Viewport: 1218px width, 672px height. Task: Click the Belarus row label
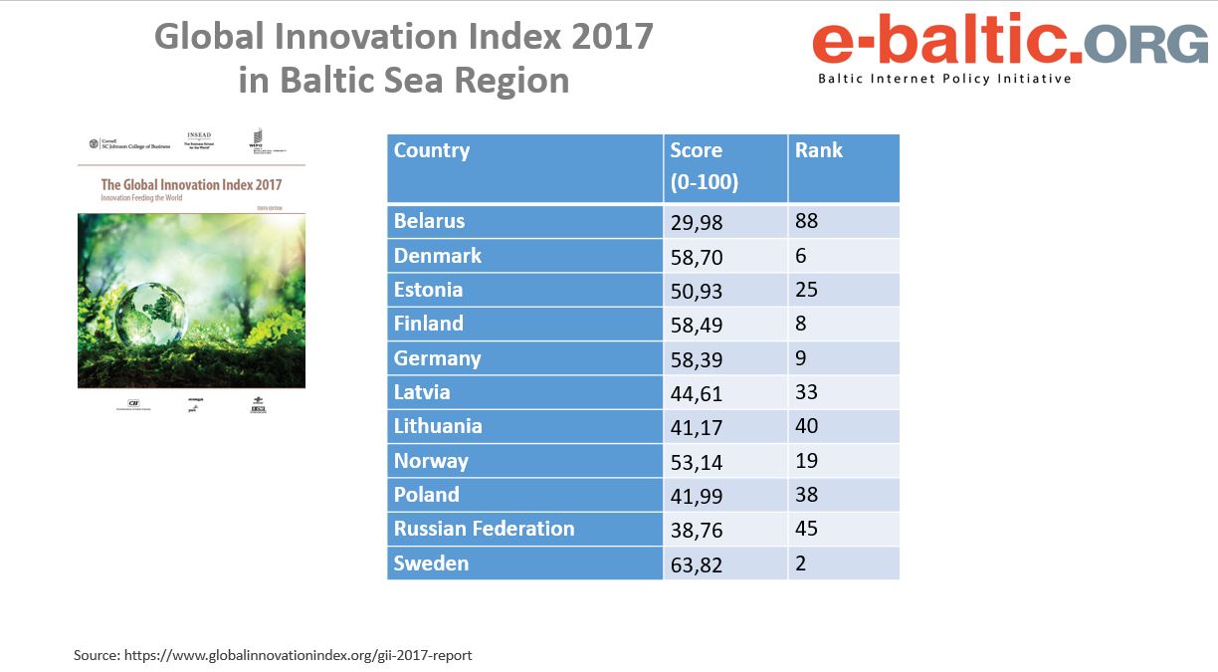(x=430, y=221)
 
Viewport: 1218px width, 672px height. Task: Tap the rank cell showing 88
(x=807, y=221)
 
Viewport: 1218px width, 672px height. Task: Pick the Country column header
(x=432, y=150)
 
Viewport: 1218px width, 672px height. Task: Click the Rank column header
(x=819, y=150)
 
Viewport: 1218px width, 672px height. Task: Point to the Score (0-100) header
(x=705, y=166)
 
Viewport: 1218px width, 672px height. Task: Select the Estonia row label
(x=429, y=290)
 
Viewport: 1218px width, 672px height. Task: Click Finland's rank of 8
(x=801, y=324)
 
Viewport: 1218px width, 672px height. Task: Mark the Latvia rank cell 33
(x=807, y=392)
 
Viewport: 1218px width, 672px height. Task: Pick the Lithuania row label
(x=438, y=426)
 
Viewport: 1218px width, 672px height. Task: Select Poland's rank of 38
(x=807, y=495)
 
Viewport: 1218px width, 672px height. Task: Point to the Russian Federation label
(x=485, y=529)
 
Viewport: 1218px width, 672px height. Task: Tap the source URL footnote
(x=273, y=655)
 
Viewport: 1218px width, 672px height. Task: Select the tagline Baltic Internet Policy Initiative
(x=944, y=79)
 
